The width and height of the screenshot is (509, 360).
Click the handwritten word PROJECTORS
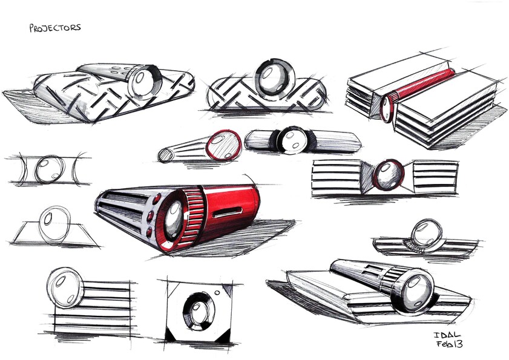pyautogui.click(x=55, y=28)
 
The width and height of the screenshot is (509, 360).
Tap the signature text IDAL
pyautogui.click(x=447, y=335)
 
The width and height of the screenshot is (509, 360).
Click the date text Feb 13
pyautogui.click(x=449, y=344)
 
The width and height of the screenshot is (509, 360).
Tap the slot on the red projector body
pyautogui.click(x=228, y=212)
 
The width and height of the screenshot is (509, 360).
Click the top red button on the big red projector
pyautogui.click(x=157, y=198)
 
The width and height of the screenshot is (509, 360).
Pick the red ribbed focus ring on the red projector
pyautogui.click(x=193, y=216)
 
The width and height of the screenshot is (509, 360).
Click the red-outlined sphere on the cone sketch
pyautogui.click(x=224, y=145)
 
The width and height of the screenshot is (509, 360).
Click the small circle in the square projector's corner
pyautogui.click(x=217, y=292)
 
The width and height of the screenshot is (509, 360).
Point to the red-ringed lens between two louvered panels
pyautogui.click(x=388, y=174)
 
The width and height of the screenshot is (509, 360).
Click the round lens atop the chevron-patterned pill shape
pyautogui.click(x=275, y=78)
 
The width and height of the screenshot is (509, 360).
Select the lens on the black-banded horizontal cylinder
pyautogui.click(x=292, y=140)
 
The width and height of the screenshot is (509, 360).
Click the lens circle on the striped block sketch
pyautogui.click(x=65, y=287)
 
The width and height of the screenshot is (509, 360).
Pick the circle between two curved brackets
pyautogui.click(x=50, y=169)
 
